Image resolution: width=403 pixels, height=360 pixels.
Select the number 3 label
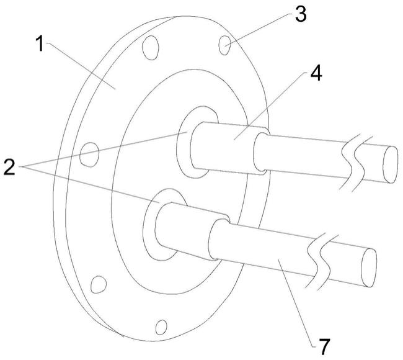[301, 14]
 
